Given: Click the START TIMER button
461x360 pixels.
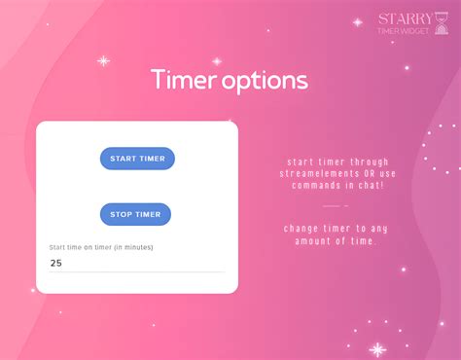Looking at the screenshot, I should (137, 159).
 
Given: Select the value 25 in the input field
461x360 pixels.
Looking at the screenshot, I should (56, 263).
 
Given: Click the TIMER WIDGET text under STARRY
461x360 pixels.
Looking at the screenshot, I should (403, 31).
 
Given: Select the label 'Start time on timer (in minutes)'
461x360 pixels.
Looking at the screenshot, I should (101, 247).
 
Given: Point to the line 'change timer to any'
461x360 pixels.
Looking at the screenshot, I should (335, 228).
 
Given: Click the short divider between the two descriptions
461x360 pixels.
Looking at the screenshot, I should (335, 206).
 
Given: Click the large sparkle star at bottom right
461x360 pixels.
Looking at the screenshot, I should (377, 348).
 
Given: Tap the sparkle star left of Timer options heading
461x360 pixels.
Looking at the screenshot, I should (103, 60).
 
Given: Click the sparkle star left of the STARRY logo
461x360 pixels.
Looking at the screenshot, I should (357, 21).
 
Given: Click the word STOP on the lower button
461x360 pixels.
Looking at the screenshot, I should (122, 214).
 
